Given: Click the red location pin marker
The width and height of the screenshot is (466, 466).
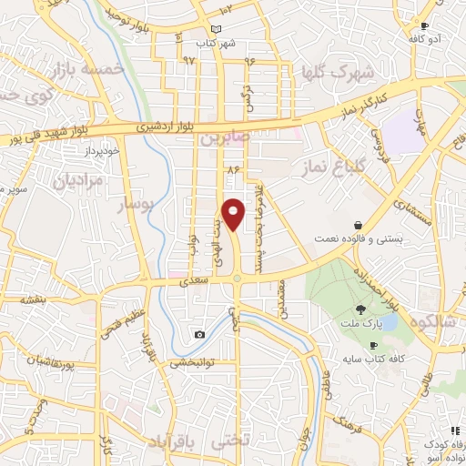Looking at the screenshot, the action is [235, 214].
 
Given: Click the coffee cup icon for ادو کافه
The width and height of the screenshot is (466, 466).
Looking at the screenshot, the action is [424, 26].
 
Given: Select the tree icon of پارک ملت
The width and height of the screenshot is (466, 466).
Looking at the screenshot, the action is [361, 310].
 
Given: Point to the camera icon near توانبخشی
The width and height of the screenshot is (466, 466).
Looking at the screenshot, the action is [199, 334].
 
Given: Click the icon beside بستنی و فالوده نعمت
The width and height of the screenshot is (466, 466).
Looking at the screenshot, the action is [359, 224].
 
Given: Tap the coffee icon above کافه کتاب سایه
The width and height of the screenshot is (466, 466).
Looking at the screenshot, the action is [373, 346].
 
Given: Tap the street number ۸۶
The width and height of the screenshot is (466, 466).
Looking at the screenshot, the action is [233, 168].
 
